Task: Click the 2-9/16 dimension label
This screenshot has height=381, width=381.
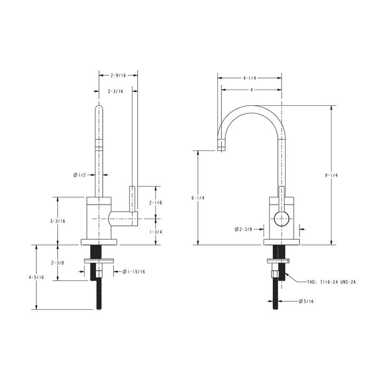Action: tap(118, 75)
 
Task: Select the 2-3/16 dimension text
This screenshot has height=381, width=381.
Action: tap(115, 91)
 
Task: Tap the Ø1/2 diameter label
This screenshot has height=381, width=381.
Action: tap(80, 175)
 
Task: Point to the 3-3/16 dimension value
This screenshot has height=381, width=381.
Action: tap(57, 221)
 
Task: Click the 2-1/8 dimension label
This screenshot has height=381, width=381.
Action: tap(156, 202)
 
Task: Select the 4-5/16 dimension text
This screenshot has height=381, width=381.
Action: tap(37, 277)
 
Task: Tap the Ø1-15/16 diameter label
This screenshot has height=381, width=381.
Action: tap(134, 271)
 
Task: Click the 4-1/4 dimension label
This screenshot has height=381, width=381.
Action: tap(250, 78)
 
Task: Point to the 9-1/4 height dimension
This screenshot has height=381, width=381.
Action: tap(331, 175)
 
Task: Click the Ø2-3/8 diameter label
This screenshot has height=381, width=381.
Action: tap(243, 229)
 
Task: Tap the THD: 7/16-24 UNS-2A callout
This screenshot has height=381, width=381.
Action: tap(331, 282)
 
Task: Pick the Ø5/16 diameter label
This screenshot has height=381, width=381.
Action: tap(306, 301)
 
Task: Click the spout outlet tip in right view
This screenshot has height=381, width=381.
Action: tap(221, 145)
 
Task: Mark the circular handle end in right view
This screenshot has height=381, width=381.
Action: tap(281, 219)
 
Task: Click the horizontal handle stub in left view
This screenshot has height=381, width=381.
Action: tap(123, 219)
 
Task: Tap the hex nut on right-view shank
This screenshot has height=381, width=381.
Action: tap(275, 274)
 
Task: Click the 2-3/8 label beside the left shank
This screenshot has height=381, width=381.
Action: tap(57, 262)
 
